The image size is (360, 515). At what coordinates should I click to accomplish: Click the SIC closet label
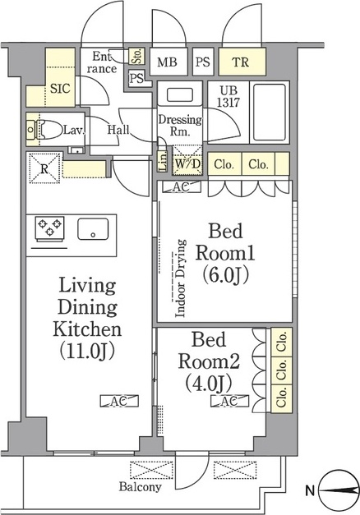click(60, 89)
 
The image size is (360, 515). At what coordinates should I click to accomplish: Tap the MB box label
click(167, 62)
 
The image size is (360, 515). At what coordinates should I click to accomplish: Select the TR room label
click(241, 62)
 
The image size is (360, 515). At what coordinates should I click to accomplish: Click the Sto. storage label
click(137, 56)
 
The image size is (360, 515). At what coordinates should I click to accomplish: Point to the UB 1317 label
click(228, 97)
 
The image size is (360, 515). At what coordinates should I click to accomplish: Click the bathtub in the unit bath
click(270, 112)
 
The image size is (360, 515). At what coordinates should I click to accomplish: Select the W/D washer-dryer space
click(187, 160)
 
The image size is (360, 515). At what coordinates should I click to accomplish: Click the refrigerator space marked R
click(44, 168)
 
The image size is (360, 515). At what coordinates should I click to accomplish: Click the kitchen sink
click(93, 229)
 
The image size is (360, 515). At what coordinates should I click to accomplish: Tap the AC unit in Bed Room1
click(182, 187)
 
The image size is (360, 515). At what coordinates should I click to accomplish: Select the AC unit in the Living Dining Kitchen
click(119, 401)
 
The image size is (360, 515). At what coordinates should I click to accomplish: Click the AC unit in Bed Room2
click(230, 401)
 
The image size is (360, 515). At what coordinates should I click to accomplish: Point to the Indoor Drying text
click(180, 278)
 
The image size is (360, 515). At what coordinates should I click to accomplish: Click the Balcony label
click(141, 487)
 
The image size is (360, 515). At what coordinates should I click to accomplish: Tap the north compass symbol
click(339, 490)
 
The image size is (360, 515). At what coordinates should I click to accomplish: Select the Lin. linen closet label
click(163, 161)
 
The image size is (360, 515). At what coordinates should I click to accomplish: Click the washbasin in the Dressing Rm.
click(179, 95)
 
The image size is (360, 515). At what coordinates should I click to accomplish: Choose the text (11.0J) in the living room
click(87, 351)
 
